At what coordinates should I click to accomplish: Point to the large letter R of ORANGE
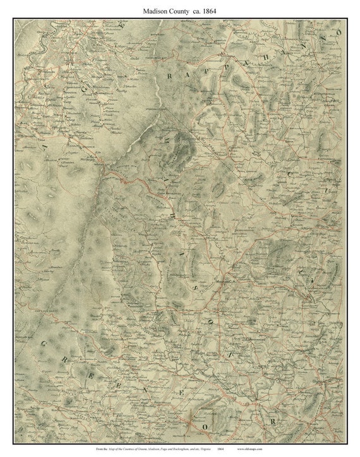click(273, 420)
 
